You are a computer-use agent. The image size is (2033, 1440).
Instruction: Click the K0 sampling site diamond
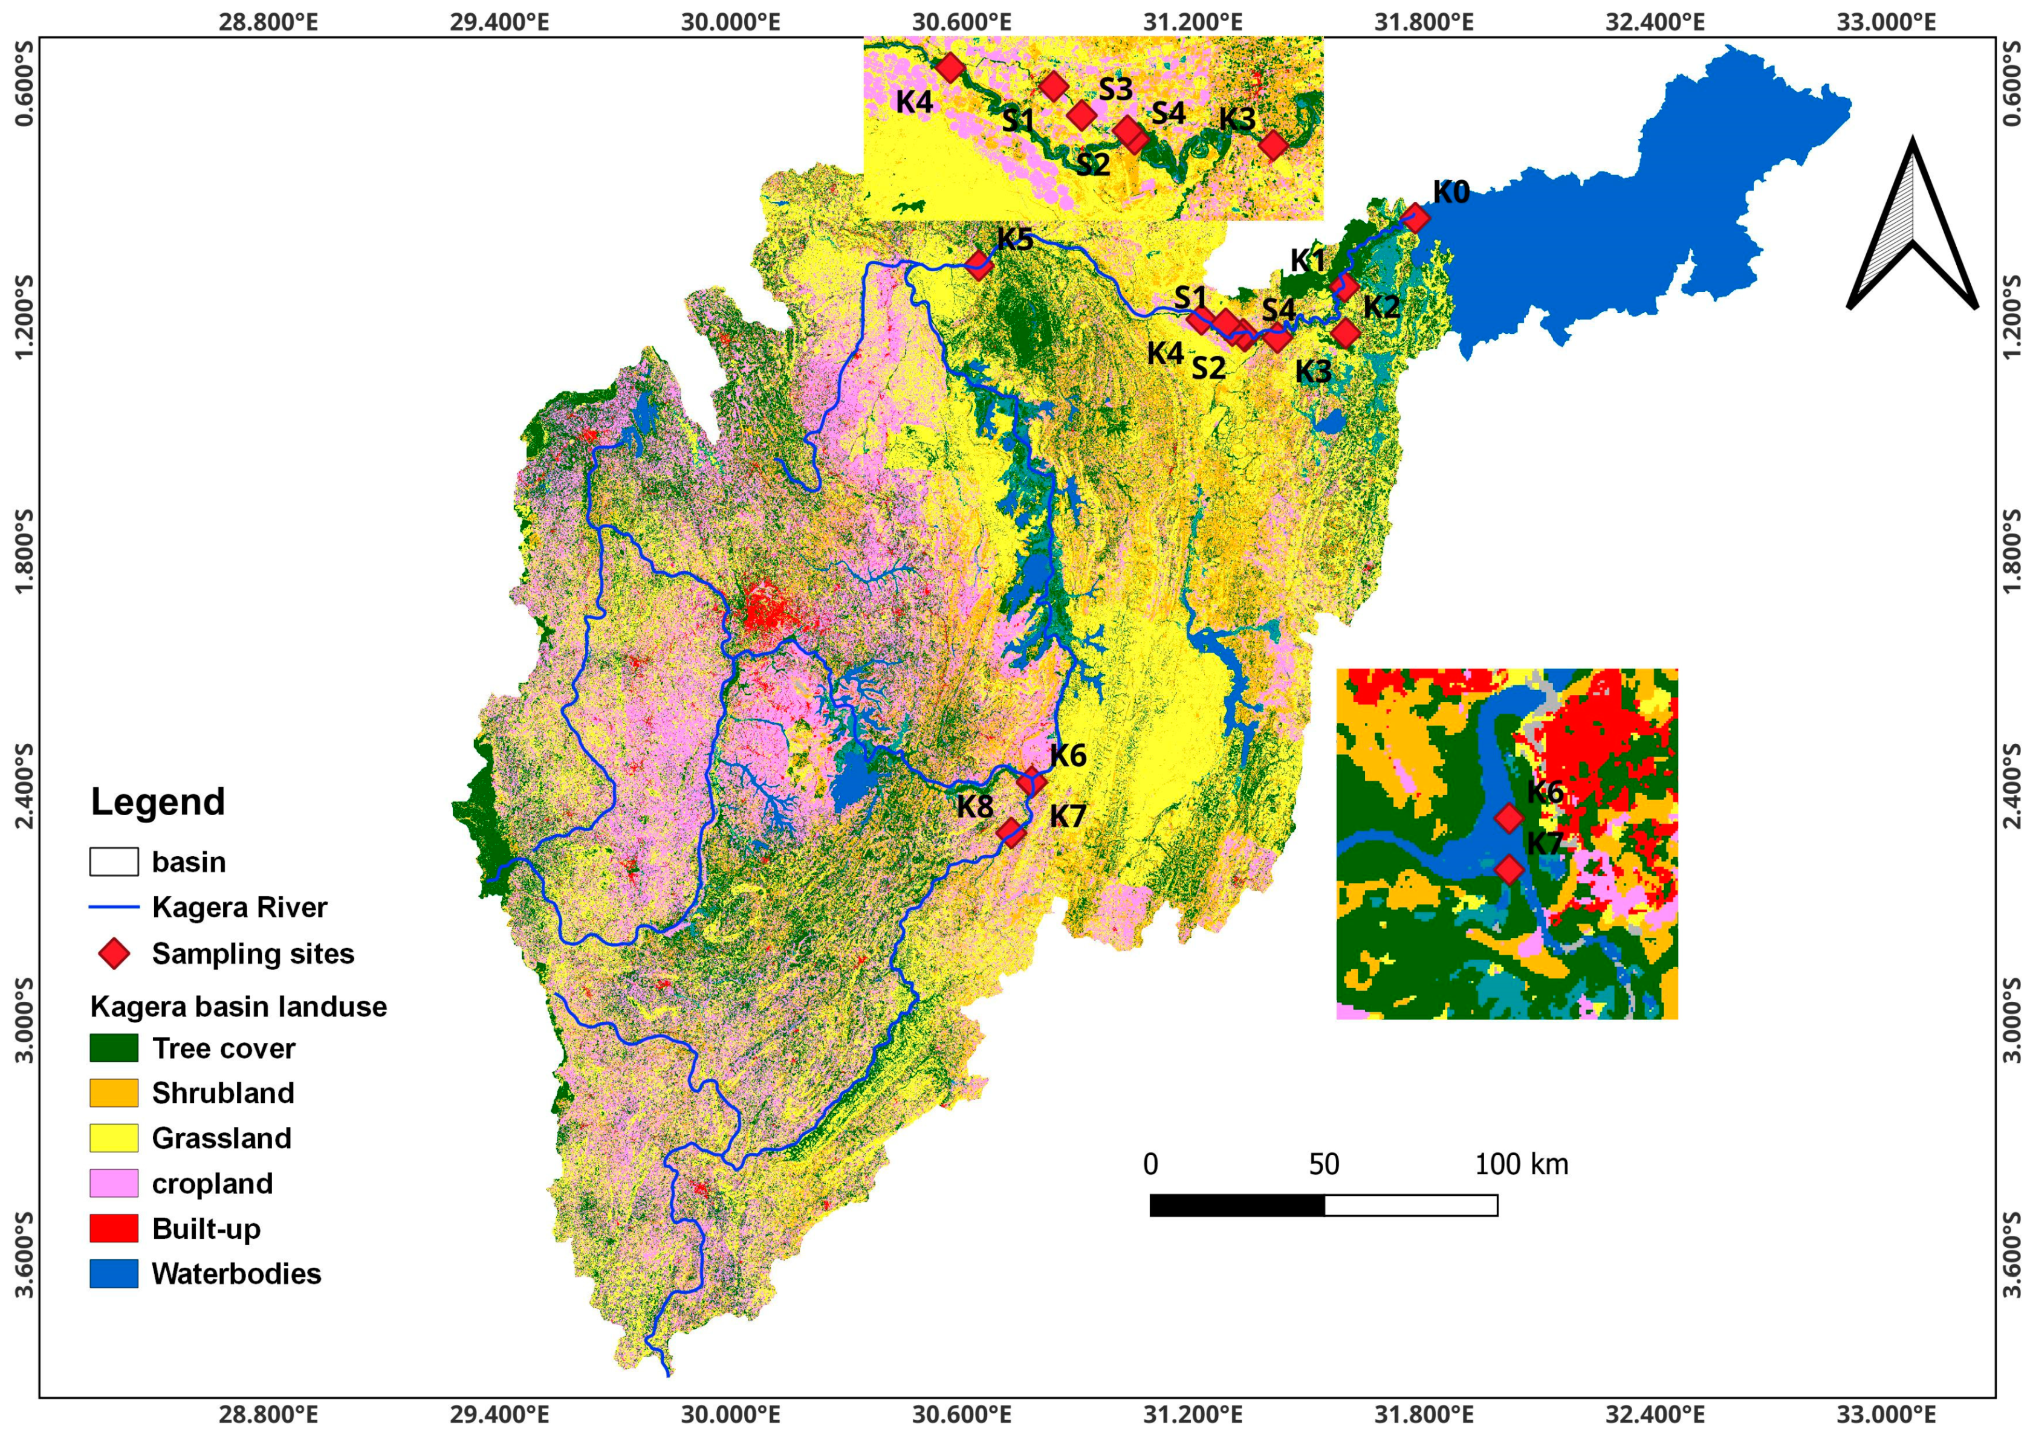1416,218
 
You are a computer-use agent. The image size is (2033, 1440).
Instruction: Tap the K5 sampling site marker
978,264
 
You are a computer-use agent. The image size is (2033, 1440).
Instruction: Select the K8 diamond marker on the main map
1010,831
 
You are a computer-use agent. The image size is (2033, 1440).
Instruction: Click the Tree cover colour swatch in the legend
114,1048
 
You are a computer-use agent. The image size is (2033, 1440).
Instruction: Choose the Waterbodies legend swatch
114,1273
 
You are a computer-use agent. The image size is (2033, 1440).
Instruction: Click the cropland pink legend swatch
114,1183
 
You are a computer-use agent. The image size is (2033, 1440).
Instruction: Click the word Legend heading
158,801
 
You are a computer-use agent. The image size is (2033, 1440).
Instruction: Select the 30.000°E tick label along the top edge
730,21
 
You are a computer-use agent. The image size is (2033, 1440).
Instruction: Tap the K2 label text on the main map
1381,307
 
